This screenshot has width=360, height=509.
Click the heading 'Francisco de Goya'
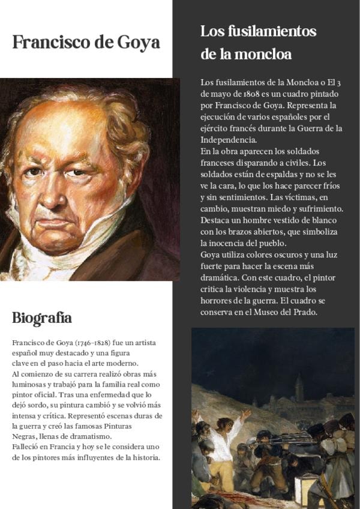(x=86, y=43)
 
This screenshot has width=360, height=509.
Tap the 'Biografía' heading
(x=42, y=318)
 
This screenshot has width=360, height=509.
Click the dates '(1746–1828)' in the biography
(x=92, y=343)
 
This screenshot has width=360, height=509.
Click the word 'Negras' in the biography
(x=24, y=436)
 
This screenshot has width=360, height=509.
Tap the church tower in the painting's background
(x=299, y=387)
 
